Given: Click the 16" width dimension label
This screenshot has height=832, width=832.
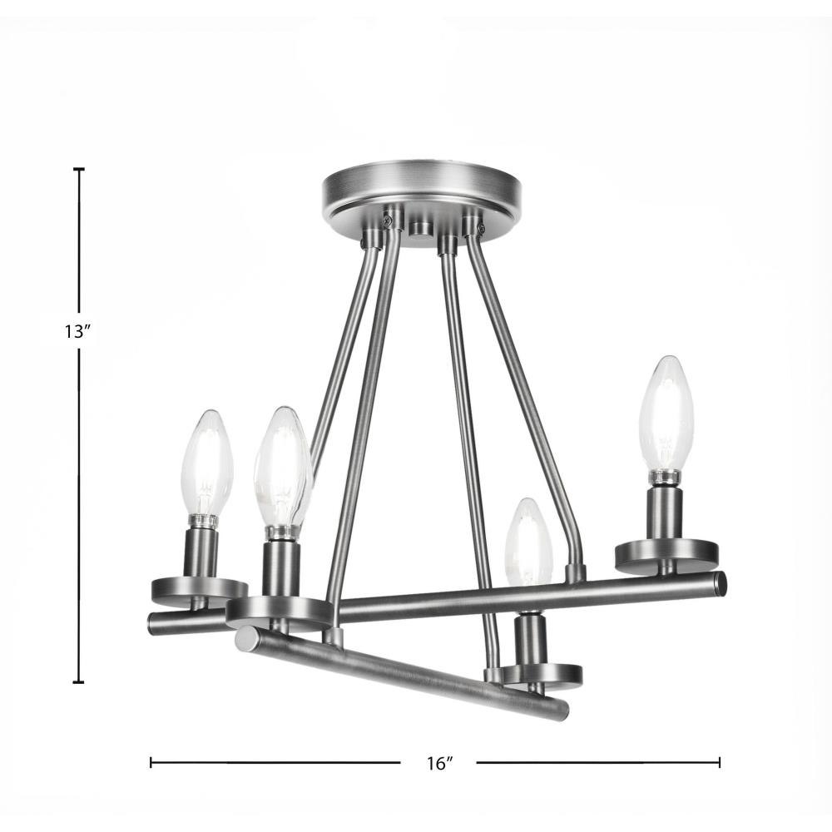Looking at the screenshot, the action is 438,764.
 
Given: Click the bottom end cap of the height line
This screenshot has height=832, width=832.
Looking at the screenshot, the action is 78,682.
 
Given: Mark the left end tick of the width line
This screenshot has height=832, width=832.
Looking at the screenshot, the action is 151,762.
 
